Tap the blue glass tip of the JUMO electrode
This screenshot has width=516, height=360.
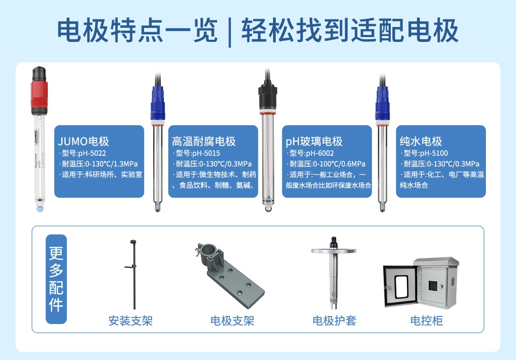point(40,208)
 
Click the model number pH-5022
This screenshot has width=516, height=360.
point(92,153)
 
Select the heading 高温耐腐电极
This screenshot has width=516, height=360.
point(204,141)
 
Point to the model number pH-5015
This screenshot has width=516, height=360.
point(206,153)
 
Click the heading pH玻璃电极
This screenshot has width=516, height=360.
point(314,141)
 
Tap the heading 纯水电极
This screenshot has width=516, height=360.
point(420,141)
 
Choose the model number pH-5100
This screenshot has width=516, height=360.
point(434,153)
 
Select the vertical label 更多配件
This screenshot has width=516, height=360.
point(56,279)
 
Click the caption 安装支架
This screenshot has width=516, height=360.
point(131,321)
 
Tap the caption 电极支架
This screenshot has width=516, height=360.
point(232,321)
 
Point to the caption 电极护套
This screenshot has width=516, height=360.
point(334,321)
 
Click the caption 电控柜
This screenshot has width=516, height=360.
point(426,321)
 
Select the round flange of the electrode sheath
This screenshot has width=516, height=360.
point(334,251)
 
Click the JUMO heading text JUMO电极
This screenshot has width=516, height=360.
point(83,141)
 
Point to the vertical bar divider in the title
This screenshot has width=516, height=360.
point(230,32)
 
